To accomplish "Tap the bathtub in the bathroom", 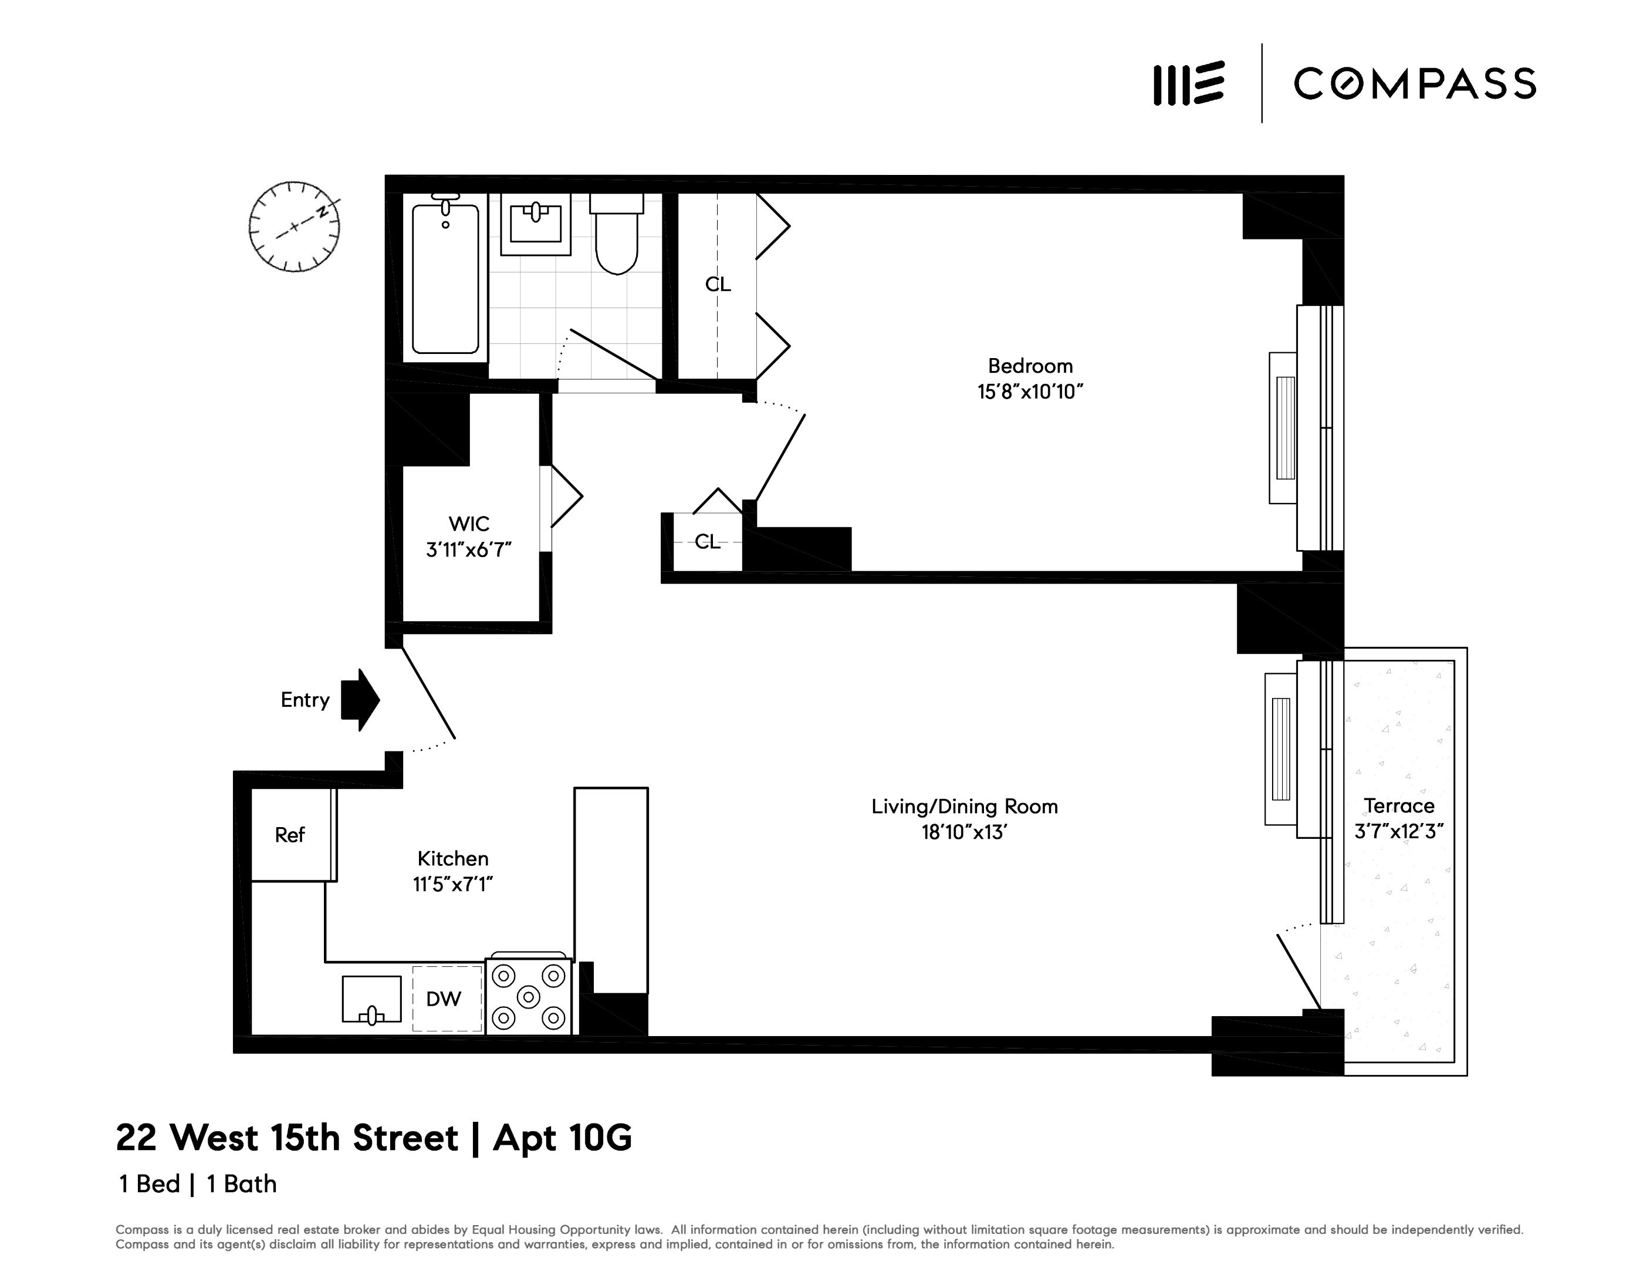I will pyautogui.click(x=445, y=278).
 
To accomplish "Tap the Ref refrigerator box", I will pyautogui.click(x=290, y=835).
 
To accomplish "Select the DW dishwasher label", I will pyautogui.click(x=444, y=999).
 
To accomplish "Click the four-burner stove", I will pyautogui.click(x=529, y=997).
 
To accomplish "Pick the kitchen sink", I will pyautogui.click(x=371, y=999).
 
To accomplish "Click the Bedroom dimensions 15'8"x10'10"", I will pyautogui.click(x=1030, y=392).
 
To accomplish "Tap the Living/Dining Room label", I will pyautogui.click(x=964, y=807).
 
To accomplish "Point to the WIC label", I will pyautogui.click(x=469, y=524).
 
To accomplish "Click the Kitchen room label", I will pyautogui.click(x=453, y=859).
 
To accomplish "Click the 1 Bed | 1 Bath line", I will pyautogui.click(x=198, y=1185).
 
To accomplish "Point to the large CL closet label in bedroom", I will pyautogui.click(x=717, y=284).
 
